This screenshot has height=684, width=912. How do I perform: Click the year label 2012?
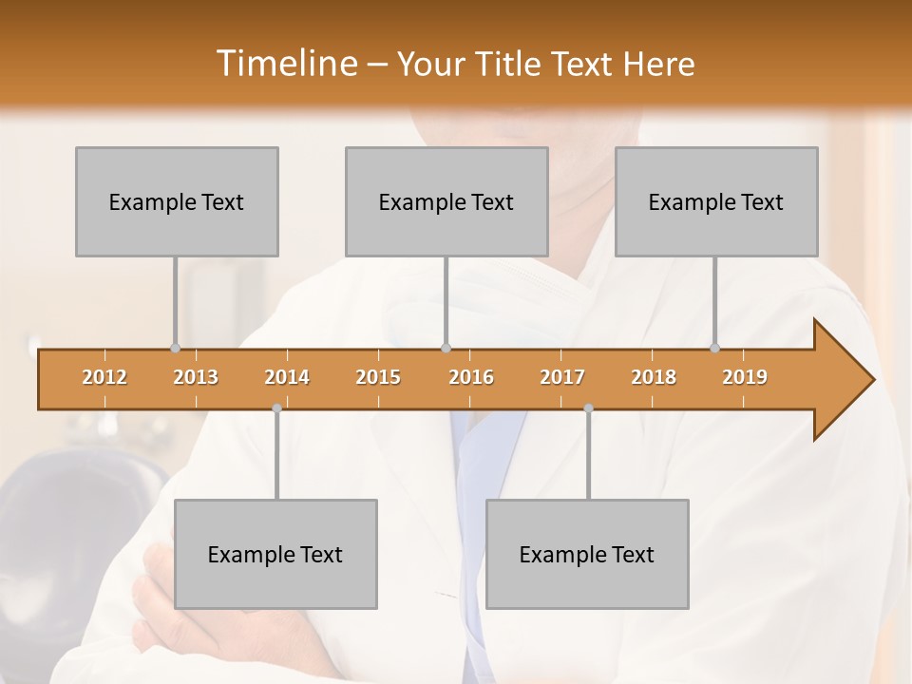104,377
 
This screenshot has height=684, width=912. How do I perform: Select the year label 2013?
196,377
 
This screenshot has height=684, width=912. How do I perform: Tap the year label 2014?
287,377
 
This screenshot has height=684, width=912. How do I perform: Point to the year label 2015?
378,377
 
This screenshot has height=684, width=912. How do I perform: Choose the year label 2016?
471,377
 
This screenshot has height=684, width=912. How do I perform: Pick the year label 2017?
562,377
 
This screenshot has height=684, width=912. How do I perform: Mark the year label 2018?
654,377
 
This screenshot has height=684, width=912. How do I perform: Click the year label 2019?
745,377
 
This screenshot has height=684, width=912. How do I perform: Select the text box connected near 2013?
177,201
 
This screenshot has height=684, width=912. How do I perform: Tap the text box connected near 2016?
446,201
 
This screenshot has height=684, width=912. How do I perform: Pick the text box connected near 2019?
716,201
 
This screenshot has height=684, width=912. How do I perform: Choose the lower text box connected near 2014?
275,554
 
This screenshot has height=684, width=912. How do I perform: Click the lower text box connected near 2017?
587,554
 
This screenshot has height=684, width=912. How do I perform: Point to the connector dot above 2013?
176,348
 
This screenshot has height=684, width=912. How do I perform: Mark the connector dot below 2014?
276,408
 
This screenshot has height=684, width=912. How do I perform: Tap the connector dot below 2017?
588,408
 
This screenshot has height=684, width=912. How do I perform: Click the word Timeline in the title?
285,63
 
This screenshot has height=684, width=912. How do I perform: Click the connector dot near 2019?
715,348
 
